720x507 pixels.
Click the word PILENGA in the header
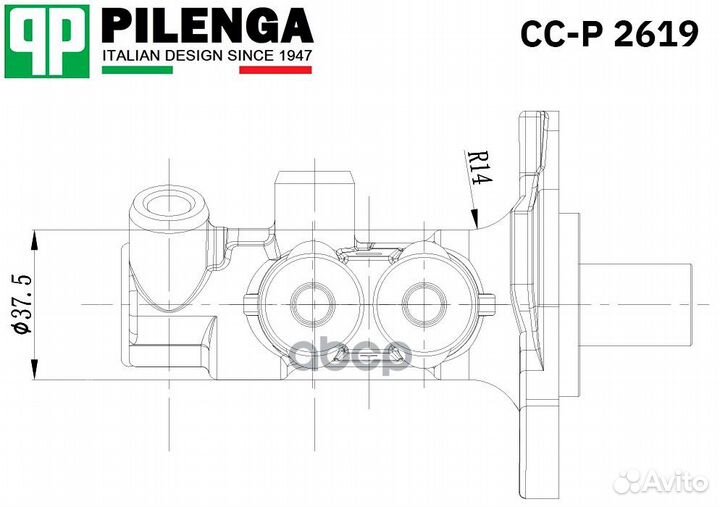[208, 26]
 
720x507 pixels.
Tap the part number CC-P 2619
[609, 35]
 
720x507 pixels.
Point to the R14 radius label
[478, 166]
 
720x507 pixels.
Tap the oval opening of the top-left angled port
[166, 205]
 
